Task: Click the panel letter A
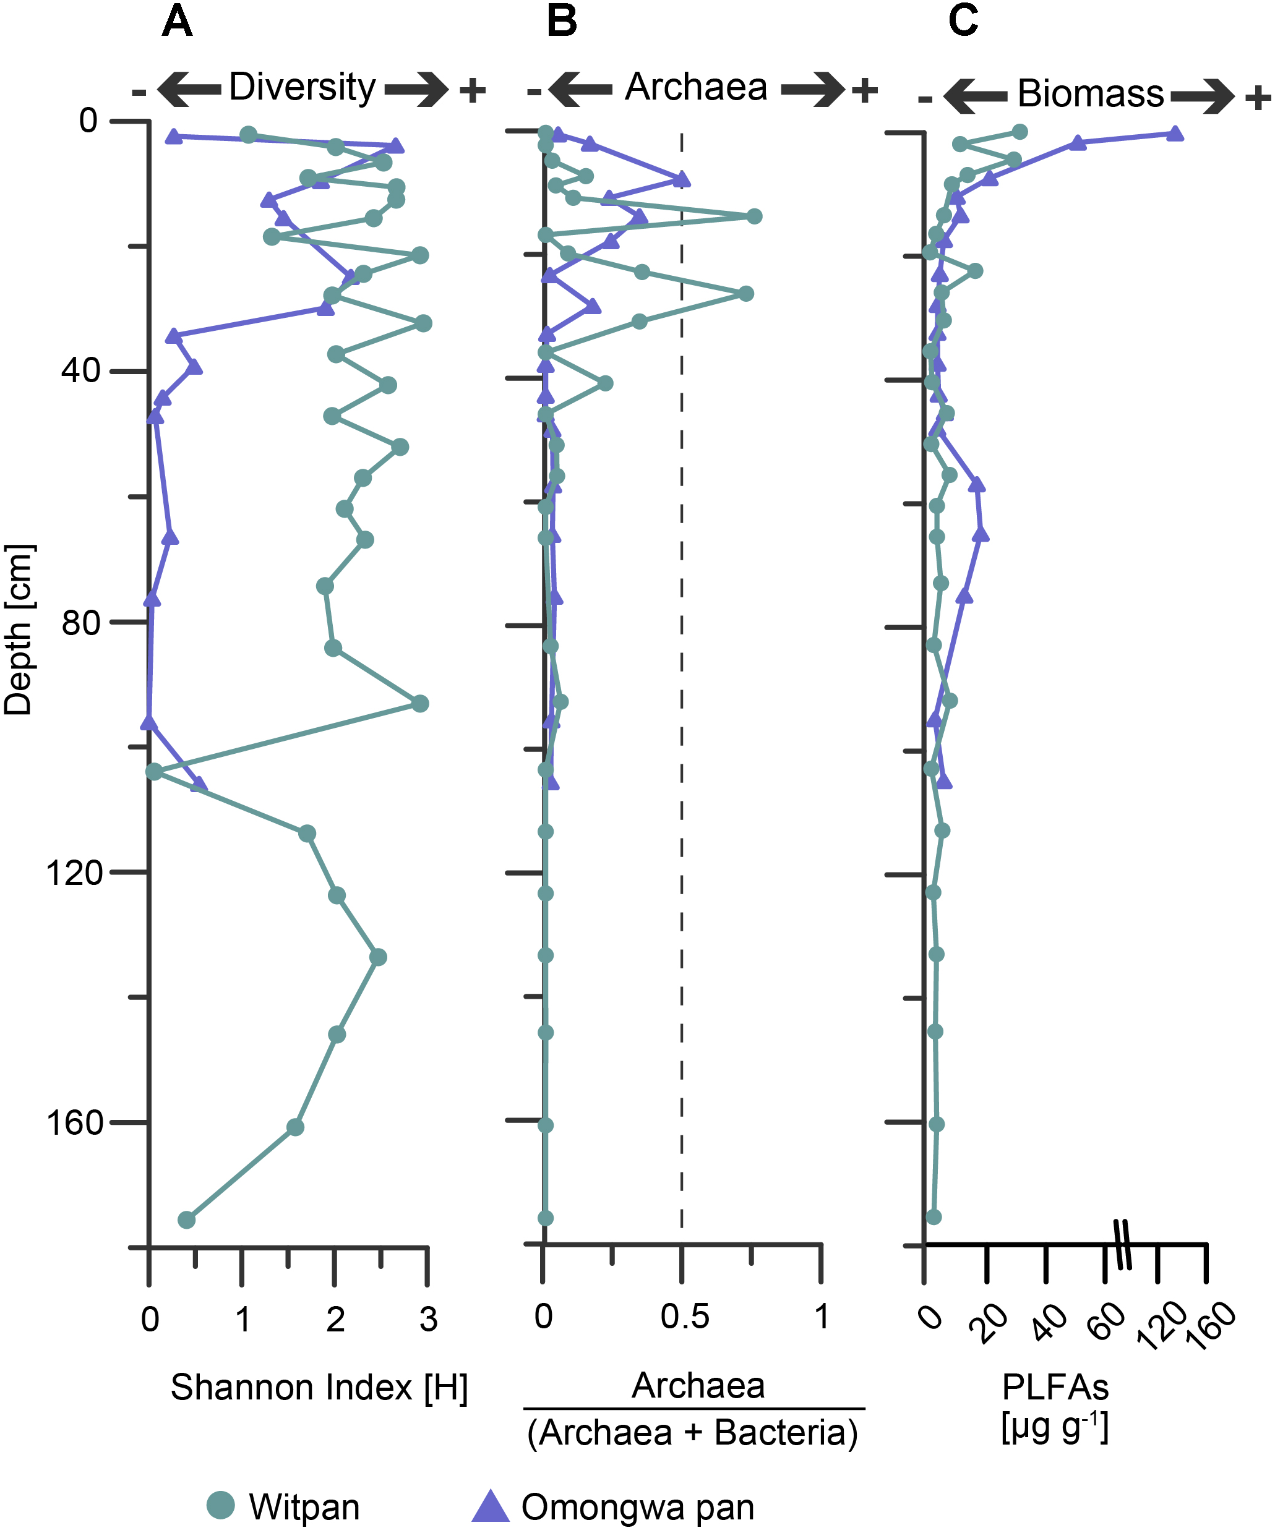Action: pyautogui.click(x=177, y=21)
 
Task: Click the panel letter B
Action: pyautogui.click(x=562, y=21)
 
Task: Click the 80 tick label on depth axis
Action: pyautogui.click(x=81, y=622)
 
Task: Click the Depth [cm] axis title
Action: pyautogui.click(x=19, y=630)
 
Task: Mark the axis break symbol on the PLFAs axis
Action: pyautogui.click(x=1125, y=1245)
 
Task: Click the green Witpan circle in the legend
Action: pyautogui.click(x=220, y=1505)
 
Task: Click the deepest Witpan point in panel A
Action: pyautogui.click(x=187, y=1220)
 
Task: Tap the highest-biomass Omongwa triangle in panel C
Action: pyautogui.click(x=1174, y=134)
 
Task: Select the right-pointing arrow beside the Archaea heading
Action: pyautogui.click(x=813, y=90)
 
